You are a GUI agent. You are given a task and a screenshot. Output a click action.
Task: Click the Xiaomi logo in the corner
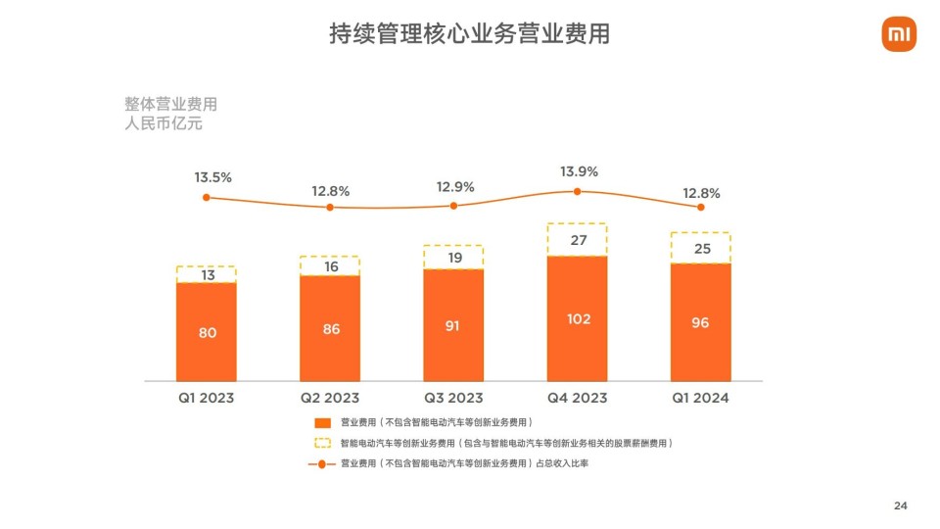898,36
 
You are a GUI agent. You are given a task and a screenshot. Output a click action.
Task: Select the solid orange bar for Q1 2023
207,332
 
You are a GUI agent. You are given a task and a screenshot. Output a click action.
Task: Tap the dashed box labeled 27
577,240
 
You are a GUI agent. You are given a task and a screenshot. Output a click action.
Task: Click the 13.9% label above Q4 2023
579,171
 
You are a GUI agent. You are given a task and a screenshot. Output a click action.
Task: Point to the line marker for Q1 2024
700,207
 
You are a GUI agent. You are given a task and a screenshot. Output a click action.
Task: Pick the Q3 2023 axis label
453,398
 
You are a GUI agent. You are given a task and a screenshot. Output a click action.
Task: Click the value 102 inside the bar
577,318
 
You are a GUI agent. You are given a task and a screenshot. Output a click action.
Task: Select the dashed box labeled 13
207,274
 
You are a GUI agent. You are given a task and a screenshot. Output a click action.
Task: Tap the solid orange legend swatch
323,422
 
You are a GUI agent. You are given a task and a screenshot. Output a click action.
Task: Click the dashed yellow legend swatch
323,443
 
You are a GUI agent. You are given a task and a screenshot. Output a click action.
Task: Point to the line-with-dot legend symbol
323,463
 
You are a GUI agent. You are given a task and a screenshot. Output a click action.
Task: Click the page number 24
901,505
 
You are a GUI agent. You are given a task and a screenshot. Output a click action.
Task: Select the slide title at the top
470,34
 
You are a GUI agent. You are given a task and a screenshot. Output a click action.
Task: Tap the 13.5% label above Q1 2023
212,177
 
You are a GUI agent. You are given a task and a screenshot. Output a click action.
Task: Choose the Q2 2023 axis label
330,398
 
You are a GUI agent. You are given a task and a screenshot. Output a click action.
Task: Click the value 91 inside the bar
453,325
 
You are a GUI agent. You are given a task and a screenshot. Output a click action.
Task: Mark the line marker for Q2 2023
330,207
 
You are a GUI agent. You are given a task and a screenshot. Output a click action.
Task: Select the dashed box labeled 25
700,249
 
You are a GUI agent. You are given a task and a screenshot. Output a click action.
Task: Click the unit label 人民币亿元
164,124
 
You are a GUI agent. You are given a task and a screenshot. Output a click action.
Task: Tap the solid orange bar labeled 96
700,322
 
